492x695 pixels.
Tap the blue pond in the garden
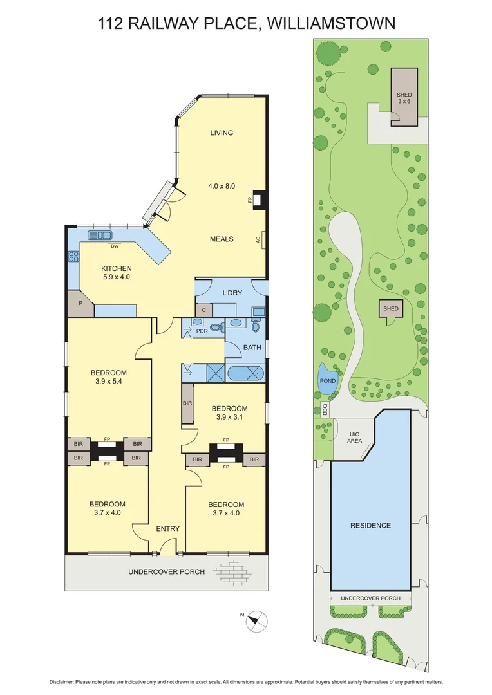328,380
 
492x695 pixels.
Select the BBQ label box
325,409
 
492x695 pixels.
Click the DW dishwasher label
114,246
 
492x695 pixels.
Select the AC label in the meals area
258,240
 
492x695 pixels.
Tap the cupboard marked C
203,310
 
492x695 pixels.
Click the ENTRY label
167,528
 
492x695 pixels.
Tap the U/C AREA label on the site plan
355,437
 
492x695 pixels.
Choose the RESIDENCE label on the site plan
370,525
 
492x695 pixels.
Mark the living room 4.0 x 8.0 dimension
221,186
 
